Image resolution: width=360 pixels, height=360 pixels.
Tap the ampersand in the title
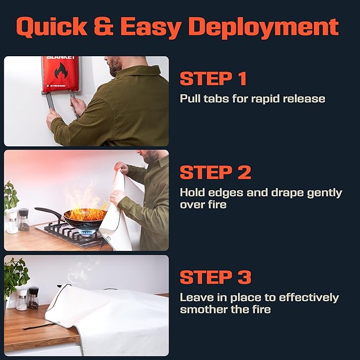tap(104, 26)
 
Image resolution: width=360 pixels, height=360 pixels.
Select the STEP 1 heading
tap(213, 78)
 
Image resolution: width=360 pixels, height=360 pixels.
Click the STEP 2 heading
tap(215, 172)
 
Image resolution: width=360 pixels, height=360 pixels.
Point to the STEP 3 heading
tap(215, 277)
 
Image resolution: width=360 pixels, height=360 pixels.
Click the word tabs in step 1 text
tap(216, 99)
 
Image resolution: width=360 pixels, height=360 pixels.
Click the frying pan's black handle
tap(49, 213)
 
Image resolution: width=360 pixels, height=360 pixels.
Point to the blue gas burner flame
tap(87, 232)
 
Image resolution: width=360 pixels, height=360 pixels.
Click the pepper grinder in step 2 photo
tap(23, 219)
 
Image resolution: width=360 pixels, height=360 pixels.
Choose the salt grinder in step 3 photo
tap(22, 300)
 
